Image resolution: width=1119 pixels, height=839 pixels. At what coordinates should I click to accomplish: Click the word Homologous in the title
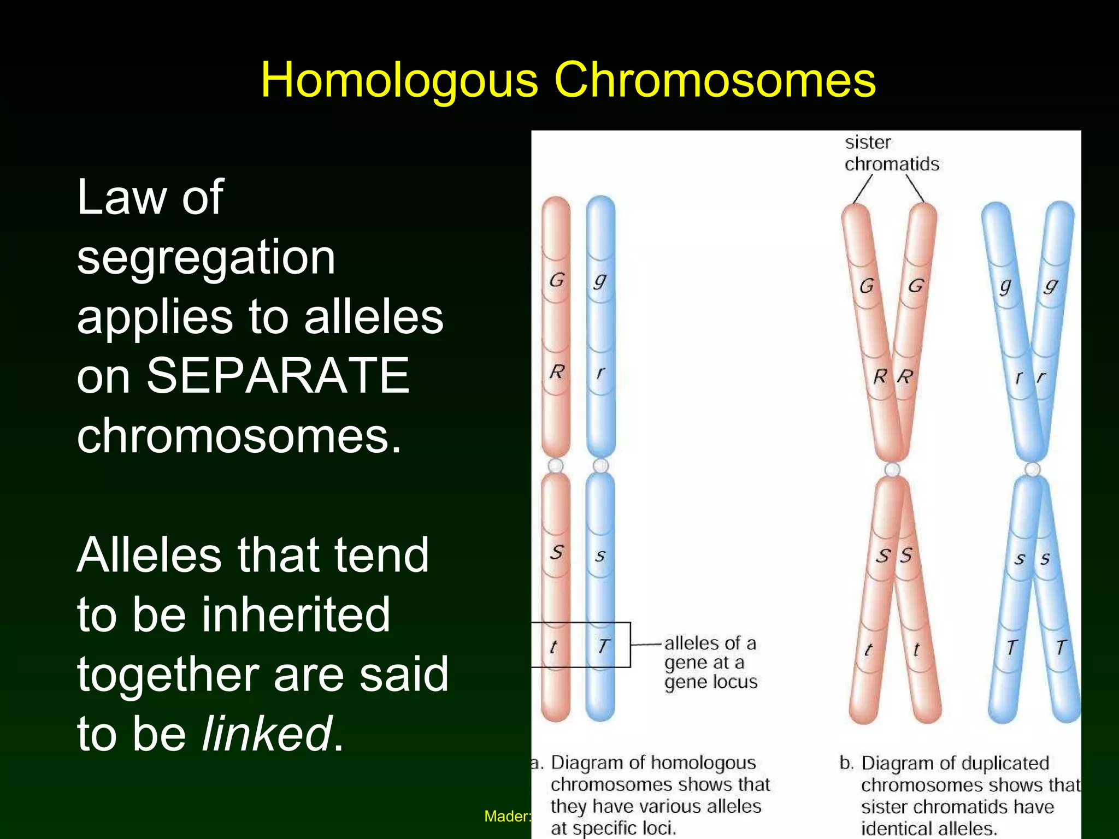click(x=399, y=81)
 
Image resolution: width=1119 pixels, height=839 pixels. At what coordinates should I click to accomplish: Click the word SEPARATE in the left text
click(x=278, y=376)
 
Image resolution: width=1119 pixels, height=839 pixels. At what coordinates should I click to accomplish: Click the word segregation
click(x=206, y=257)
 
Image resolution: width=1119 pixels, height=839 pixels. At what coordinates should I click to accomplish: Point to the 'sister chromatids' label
click(x=891, y=153)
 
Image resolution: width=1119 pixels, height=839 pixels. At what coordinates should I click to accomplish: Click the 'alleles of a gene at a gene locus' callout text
click(x=710, y=663)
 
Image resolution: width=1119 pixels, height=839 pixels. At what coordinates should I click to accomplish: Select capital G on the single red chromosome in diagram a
click(x=556, y=280)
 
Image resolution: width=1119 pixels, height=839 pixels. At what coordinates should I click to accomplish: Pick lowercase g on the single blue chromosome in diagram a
click(x=600, y=281)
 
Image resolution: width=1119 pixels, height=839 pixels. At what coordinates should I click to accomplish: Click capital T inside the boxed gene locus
click(x=603, y=646)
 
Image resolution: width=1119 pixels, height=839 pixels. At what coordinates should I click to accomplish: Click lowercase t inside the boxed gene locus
click(x=553, y=647)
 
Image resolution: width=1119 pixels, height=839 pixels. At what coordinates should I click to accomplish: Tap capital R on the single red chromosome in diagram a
click(x=556, y=372)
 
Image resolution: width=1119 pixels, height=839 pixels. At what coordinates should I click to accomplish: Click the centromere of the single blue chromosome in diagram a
click(x=600, y=465)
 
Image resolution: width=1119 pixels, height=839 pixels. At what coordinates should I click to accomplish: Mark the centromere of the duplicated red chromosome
click(x=892, y=469)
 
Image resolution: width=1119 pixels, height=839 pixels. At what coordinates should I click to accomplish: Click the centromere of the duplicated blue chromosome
click(x=1032, y=469)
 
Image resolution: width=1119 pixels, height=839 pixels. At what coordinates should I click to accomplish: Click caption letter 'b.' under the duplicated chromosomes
click(x=846, y=763)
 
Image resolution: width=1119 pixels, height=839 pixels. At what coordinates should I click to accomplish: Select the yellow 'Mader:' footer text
click(x=507, y=816)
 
